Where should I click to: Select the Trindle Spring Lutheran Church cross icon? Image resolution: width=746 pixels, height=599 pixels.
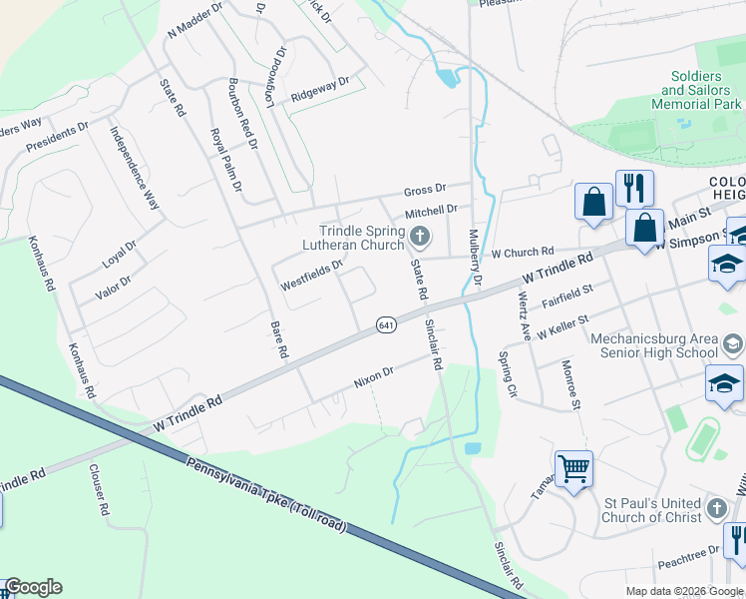pyautogui.click(x=420, y=237)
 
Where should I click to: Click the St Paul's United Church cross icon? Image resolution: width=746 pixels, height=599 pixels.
pyautogui.click(x=716, y=509)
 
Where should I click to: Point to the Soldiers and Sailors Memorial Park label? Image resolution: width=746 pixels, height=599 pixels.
pyautogui.click(x=696, y=90)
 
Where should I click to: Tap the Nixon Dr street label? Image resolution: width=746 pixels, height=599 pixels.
pyautogui.click(x=375, y=376)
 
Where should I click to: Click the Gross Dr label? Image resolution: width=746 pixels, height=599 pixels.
pyautogui.click(x=424, y=190)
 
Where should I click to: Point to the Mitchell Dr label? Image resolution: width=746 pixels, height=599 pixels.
pyautogui.click(x=430, y=213)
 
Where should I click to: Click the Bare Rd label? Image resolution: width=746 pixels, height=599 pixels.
pyautogui.click(x=279, y=339)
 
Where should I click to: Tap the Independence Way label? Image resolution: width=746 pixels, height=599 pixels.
pyautogui.click(x=135, y=166)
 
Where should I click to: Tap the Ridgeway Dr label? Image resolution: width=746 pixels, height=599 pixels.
pyautogui.click(x=320, y=90)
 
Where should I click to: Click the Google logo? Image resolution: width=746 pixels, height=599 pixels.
pyautogui.click(x=33, y=587)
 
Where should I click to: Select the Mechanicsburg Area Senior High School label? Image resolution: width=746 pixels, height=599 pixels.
pyautogui.click(x=654, y=344)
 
